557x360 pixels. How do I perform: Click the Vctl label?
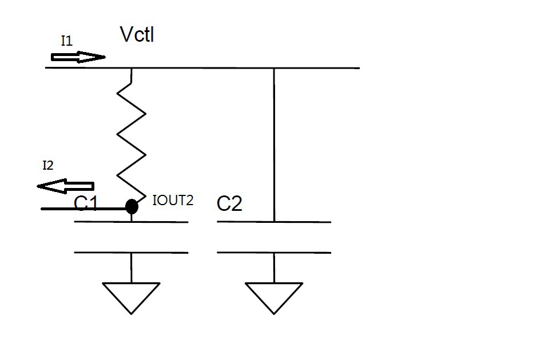point(137,35)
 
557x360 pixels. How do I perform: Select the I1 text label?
point(67,41)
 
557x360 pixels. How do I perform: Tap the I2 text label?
point(48,166)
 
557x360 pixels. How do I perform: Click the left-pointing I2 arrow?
point(65,186)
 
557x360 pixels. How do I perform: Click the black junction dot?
point(132,206)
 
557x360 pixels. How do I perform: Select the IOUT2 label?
point(173,200)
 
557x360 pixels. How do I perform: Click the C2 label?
point(229,203)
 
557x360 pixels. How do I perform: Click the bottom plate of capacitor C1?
point(131,252)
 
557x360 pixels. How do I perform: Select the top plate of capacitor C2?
point(274,222)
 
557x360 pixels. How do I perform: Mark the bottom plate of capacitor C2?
point(274,252)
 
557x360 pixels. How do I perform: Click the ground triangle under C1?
point(131,295)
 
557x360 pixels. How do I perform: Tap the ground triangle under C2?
point(274,295)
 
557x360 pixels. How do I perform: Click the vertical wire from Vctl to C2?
point(274,143)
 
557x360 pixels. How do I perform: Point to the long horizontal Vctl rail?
point(229,68)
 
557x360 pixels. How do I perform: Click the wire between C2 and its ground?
point(274,267)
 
